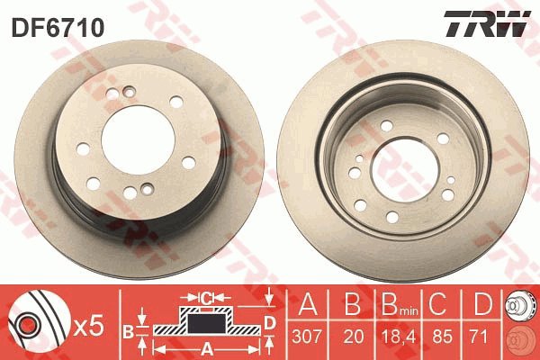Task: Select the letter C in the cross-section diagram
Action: pos(206,296)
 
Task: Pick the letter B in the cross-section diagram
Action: pos(127,330)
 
